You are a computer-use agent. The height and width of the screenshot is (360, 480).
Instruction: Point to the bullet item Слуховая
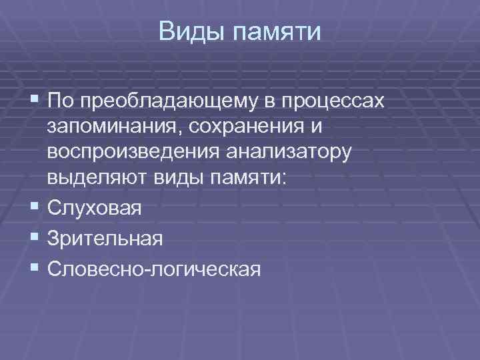(94, 209)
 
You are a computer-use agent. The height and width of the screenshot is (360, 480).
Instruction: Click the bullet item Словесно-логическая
(155, 267)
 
